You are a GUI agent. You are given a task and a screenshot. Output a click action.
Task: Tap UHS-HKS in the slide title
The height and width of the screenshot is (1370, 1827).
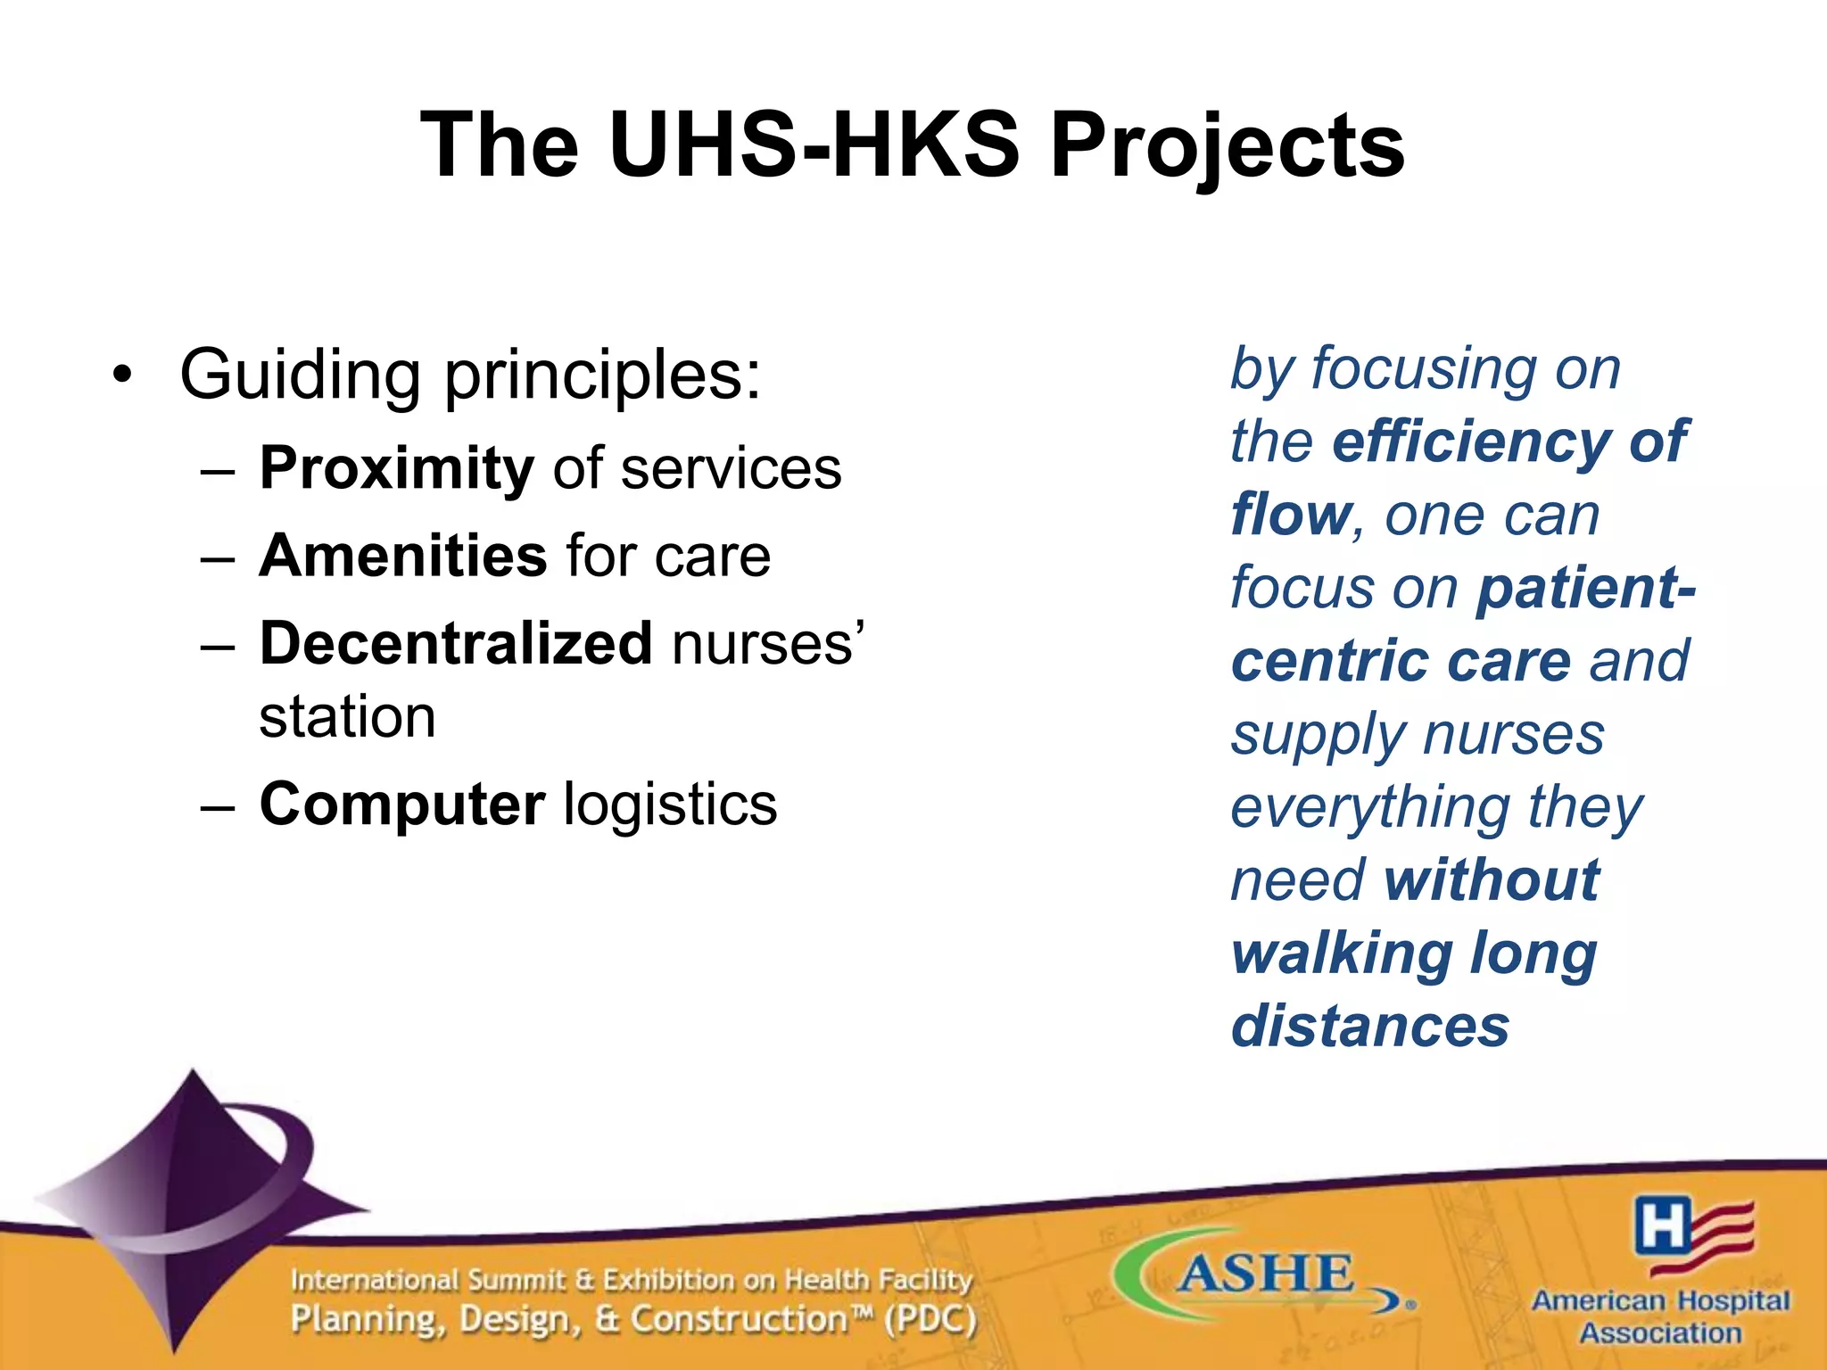[814, 145]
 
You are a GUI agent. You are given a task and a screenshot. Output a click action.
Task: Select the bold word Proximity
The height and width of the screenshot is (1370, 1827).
[397, 469]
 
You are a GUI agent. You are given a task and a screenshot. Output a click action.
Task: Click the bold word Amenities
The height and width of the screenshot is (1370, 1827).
[403, 556]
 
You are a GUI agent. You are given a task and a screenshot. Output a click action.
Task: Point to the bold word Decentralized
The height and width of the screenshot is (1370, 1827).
[456, 643]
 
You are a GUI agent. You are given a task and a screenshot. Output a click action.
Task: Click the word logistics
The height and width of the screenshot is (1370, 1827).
[671, 805]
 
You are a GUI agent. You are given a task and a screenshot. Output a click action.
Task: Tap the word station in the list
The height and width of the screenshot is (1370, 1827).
[347, 717]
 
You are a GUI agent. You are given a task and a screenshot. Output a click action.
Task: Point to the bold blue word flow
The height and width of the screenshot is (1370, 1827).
[1290, 515]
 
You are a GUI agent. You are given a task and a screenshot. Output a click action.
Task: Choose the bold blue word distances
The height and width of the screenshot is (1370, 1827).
[1370, 1027]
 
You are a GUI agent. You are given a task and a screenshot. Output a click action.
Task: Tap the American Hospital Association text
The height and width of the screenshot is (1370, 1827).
[1660, 1316]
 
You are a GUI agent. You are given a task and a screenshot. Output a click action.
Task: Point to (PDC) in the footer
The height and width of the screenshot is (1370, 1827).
[930, 1319]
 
